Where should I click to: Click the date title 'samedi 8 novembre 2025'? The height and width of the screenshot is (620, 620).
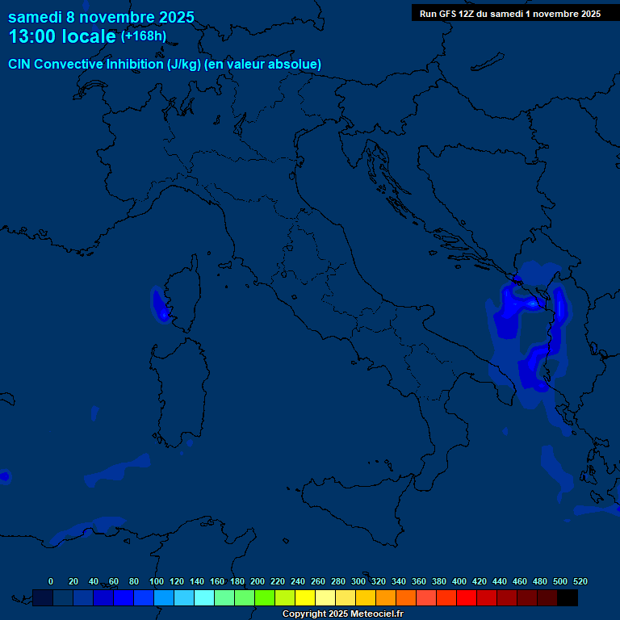(x=101, y=17)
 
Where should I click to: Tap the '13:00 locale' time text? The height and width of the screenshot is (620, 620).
(x=62, y=37)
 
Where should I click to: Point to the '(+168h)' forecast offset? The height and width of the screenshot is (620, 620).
(x=143, y=36)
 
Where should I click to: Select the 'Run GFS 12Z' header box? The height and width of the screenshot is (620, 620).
(x=509, y=14)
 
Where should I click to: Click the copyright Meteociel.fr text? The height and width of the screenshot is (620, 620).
(x=342, y=614)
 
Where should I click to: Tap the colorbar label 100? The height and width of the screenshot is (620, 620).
(x=157, y=581)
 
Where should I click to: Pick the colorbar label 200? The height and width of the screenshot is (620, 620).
(x=258, y=581)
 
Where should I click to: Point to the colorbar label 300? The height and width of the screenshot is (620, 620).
(x=358, y=581)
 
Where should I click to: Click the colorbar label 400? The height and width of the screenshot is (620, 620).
(x=459, y=581)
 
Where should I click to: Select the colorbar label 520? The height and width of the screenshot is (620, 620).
(x=580, y=581)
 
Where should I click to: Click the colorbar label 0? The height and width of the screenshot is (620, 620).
(x=51, y=581)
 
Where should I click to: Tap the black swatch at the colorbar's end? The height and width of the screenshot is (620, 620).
(x=568, y=597)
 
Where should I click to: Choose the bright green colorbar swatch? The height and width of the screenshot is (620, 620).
(x=265, y=597)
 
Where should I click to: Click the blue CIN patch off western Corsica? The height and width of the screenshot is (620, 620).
(x=158, y=304)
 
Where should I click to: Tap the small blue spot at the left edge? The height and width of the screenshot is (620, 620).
(x=4, y=476)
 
